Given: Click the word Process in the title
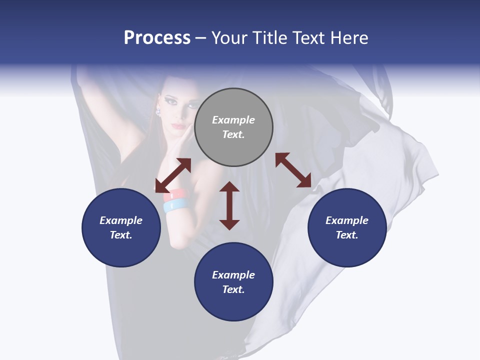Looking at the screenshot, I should coord(157,38).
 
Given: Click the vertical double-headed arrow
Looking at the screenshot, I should coord(229,205).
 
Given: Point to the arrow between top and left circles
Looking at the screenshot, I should coord(173,175).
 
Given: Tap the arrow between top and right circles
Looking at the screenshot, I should coord(293,170).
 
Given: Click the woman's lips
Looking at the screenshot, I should coord(178,126).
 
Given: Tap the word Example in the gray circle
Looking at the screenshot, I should coord(233,120).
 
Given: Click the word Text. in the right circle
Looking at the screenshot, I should coord(347,235).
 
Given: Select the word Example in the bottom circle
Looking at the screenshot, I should coord(233,275).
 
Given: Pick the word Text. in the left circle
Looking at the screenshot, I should coord(121,235).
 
